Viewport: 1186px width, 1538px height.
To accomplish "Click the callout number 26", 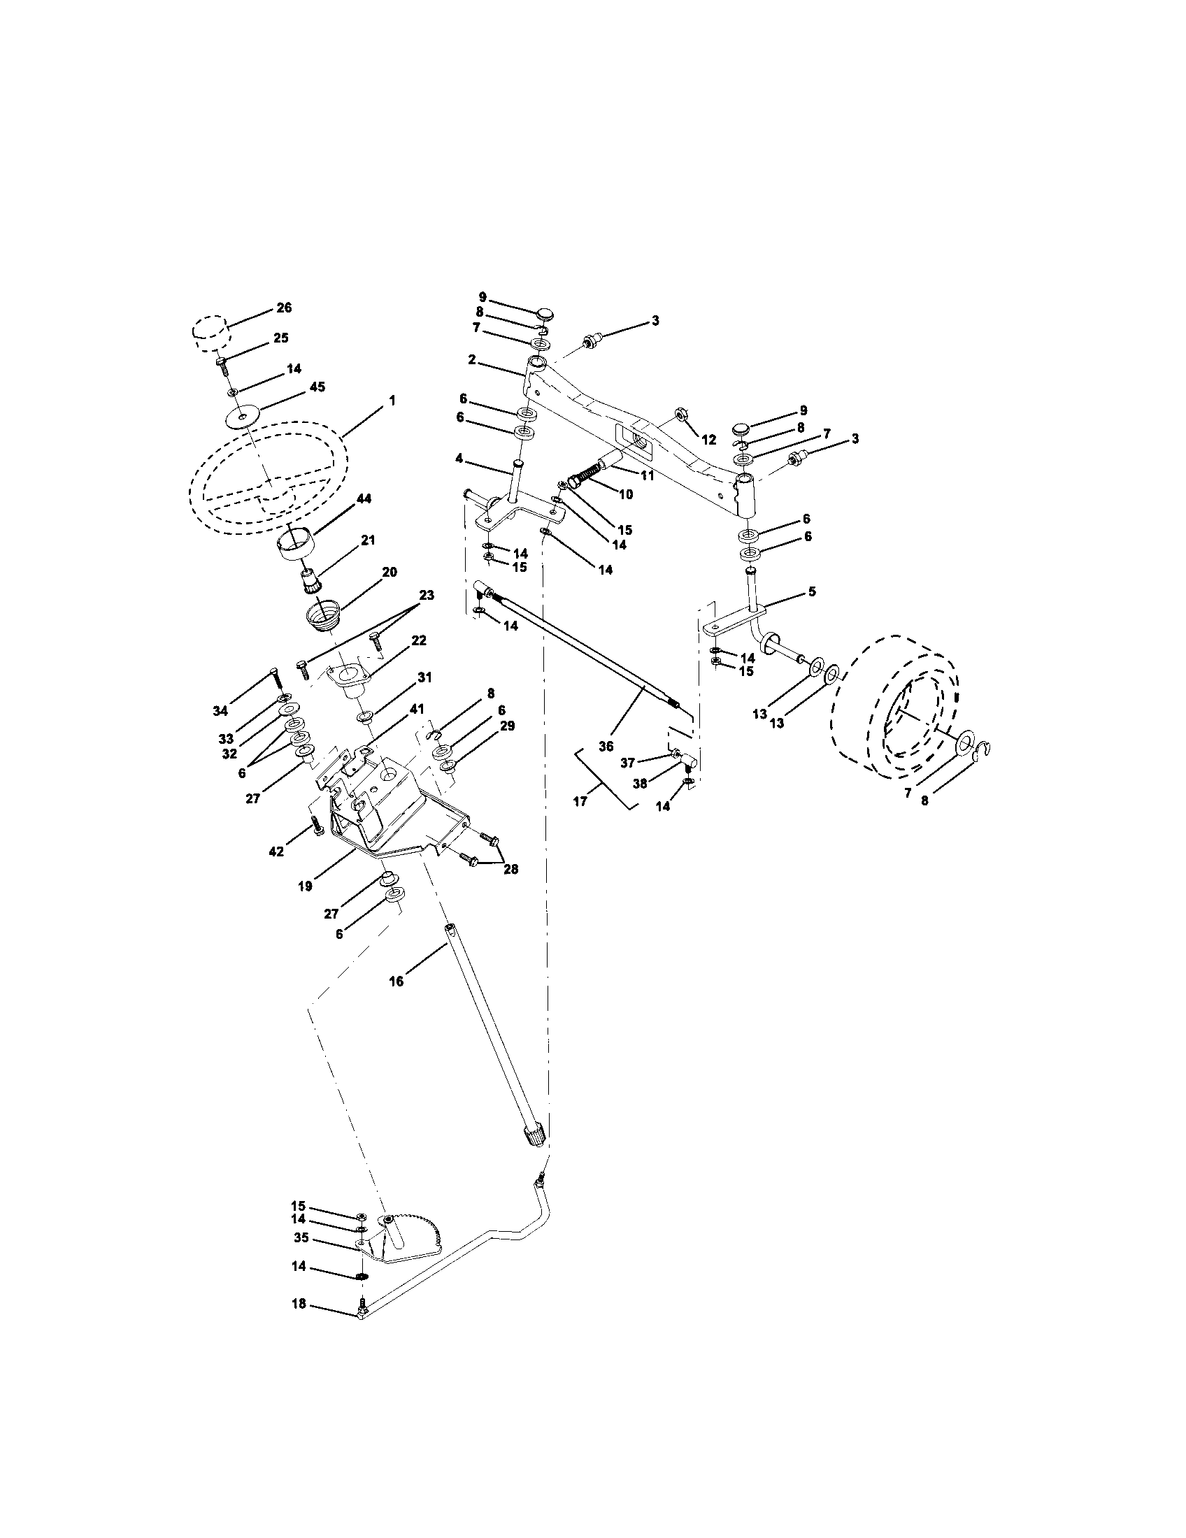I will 284,308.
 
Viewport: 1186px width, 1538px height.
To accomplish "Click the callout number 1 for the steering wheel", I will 392,400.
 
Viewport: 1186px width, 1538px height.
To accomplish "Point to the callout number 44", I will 364,498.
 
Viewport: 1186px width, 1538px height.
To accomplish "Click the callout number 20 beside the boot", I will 389,572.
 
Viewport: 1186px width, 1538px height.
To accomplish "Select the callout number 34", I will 221,711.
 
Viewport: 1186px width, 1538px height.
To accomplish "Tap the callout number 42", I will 276,851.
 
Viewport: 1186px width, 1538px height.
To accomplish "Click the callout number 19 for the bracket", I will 304,886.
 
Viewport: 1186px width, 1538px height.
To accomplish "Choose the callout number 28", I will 510,869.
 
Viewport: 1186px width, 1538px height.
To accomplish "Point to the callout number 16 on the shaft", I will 396,981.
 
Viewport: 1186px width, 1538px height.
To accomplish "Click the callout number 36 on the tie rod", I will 606,746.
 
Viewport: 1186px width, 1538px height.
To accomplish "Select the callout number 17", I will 580,801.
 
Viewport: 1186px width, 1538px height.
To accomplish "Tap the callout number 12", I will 708,440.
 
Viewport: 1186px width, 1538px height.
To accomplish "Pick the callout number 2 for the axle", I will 471,360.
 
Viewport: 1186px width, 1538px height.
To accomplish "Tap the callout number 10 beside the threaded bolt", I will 624,494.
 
